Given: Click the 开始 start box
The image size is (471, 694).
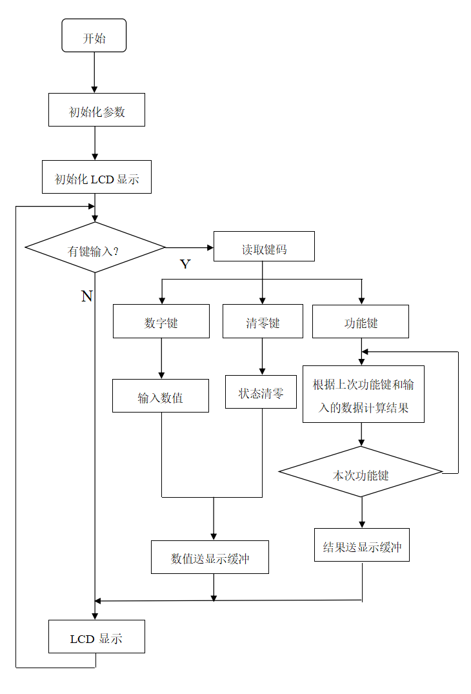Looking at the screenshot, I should click(94, 36).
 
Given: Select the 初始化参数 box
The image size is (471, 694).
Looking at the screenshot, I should click(97, 110).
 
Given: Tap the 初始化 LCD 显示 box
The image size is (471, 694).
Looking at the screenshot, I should click(97, 177).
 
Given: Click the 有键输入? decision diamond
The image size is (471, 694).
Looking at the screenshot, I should click(95, 248).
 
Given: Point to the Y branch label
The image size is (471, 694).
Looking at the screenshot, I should click(185, 261).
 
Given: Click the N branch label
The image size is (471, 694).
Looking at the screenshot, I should click(85, 295).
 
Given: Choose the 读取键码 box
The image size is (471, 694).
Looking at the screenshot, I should click(264, 247).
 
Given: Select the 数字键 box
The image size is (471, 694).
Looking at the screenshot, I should click(161, 321).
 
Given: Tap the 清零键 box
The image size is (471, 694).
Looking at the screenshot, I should click(263, 321).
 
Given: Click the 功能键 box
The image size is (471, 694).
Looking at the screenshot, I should click(361, 321).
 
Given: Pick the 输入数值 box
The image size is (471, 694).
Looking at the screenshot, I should click(161, 396).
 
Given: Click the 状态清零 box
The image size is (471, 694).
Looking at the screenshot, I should click(261, 392).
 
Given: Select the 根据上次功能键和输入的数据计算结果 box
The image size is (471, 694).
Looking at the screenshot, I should click(363, 394).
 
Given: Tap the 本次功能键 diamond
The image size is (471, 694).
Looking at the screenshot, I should click(360, 473).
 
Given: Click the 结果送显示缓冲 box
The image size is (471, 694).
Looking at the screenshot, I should click(362, 545).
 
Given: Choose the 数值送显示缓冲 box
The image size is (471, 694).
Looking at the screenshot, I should click(210, 557).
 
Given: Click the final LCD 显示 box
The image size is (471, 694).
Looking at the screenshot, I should click(97, 637).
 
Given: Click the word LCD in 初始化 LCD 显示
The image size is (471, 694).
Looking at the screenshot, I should click(102, 179).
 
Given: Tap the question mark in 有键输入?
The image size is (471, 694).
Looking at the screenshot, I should click(116, 251).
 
